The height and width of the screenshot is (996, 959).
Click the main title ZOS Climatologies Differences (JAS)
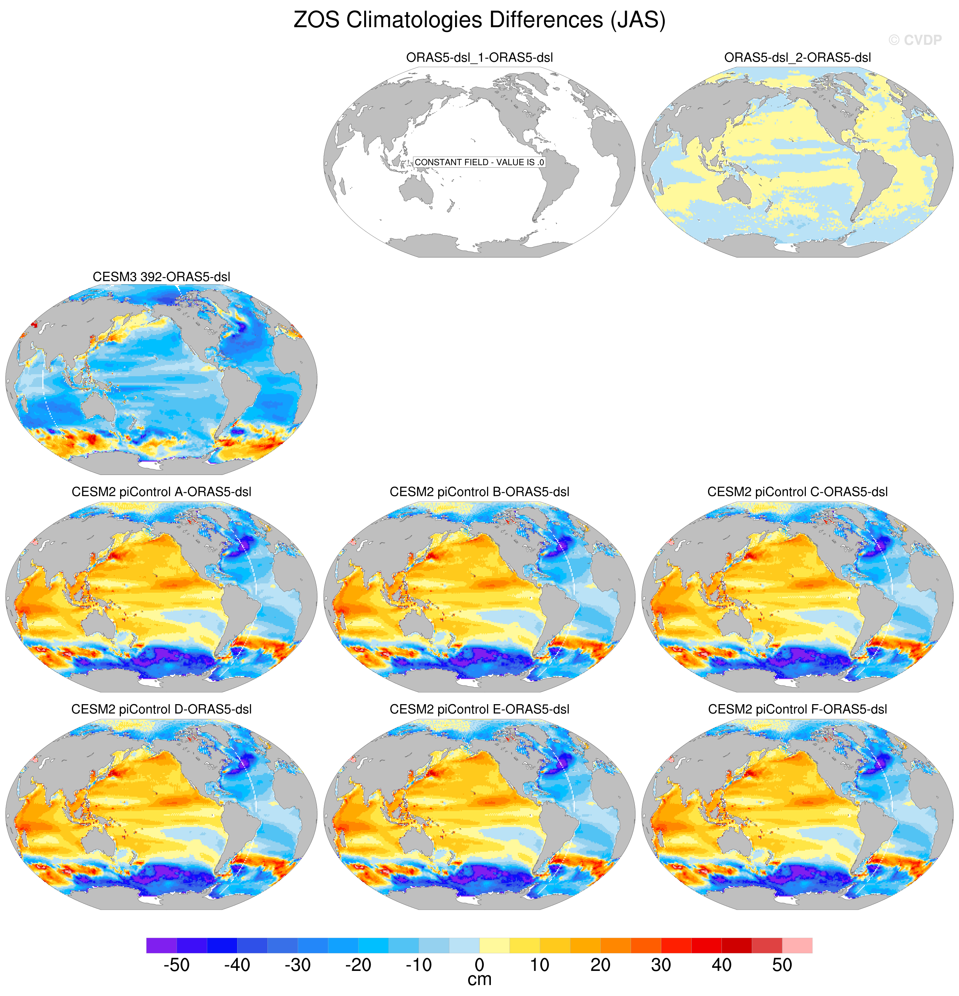479,20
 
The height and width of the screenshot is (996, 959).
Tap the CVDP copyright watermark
915,40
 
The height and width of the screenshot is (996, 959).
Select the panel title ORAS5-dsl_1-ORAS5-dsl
479,58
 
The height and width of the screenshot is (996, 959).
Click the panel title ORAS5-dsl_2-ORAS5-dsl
797,58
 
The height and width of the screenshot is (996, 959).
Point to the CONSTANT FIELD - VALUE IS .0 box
479,162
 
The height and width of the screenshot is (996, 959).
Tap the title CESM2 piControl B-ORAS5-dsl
479,492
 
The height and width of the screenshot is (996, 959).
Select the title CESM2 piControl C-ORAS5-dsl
797,492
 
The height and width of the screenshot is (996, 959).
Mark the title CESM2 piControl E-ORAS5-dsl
479,709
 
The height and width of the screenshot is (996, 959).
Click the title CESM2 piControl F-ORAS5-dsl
797,709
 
